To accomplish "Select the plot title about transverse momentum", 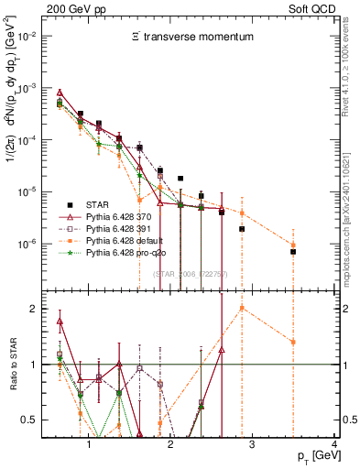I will (189, 36).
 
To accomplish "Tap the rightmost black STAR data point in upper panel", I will (293, 251).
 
